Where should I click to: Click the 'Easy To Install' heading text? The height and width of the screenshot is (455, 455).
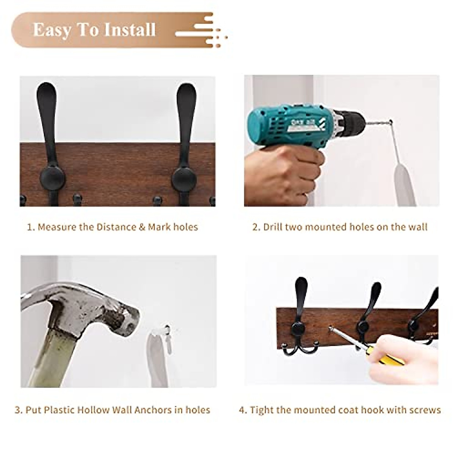pos(94,30)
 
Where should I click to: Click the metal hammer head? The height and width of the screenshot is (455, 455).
pos(83,307)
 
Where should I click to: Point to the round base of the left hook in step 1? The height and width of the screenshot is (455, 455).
pos(52,178)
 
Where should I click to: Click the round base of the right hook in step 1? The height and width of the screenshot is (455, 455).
pos(185,178)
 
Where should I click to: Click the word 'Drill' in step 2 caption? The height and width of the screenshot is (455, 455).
pos(273,227)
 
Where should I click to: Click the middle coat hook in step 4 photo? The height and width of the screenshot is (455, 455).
pos(366,318)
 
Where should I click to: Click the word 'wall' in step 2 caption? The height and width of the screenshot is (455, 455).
pos(418,227)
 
